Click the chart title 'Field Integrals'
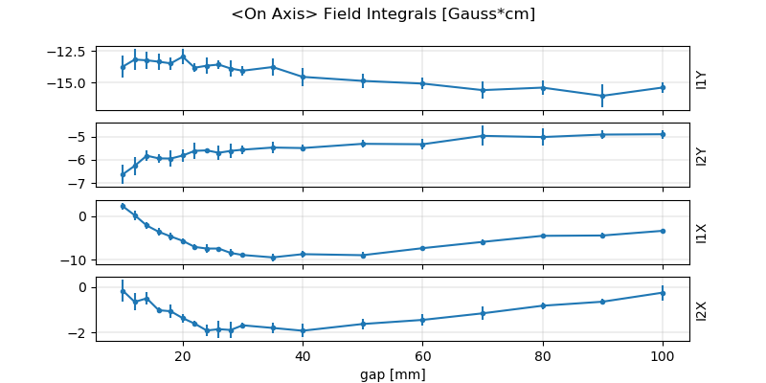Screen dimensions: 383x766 pos(383,14)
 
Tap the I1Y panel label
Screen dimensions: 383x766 pos(702,79)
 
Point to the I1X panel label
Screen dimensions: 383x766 pos(702,233)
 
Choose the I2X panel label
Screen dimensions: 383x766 pos(702,309)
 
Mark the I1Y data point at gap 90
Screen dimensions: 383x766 pos(602,96)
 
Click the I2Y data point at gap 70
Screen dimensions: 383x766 pos(483,136)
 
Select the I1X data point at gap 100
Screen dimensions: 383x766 pos(663,231)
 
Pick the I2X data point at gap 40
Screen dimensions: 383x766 pos(303,330)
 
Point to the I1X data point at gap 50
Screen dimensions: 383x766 pos(363,256)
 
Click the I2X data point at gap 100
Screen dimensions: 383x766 pos(663,293)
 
